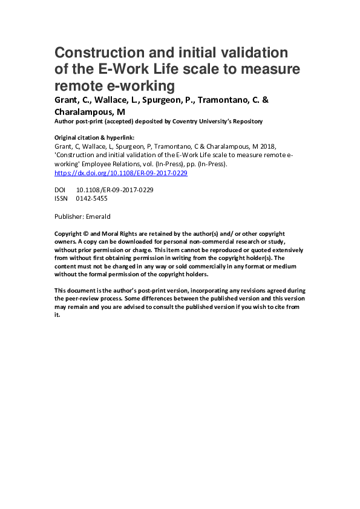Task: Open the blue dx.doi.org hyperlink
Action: (120, 172)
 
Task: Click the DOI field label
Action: (60, 190)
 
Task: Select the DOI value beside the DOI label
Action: (114, 190)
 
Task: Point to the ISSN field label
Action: (61, 198)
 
